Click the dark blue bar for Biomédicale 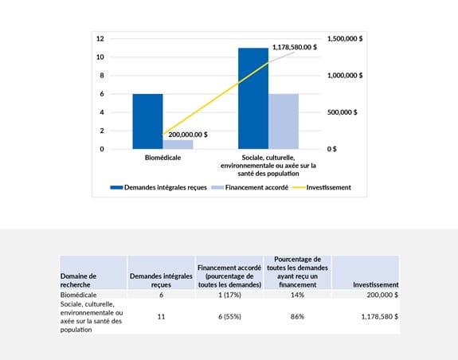point(147,121)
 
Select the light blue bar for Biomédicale point(178,144)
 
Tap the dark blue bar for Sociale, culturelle point(252,98)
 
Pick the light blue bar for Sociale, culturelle point(283,121)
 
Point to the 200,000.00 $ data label point(188,135)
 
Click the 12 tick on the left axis point(100,39)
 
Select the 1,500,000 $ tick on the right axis point(345,39)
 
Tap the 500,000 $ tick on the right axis point(345,112)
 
